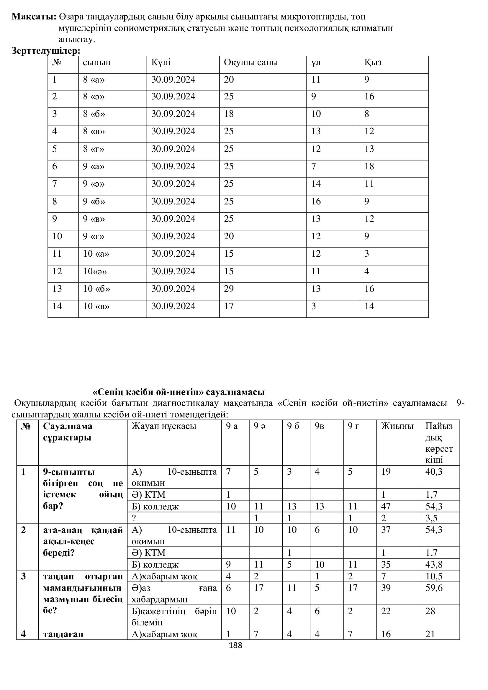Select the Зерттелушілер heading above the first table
click(x=46, y=51)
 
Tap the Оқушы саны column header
click(x=250, y=63)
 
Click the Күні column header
click(x=161, y=63)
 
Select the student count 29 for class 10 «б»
click(x=229, y=289)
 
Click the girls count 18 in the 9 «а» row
click(x=369, y=166)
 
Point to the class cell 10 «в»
click(x=96, y=306)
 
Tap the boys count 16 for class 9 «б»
click(x=316, y=201)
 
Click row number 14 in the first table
click(x=57, y=306)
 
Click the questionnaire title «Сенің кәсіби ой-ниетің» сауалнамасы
click(x=179, y=392)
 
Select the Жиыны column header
click(x=397, y=426)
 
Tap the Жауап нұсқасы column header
click(x=164, y=426)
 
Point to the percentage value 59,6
click(x=434, y=588)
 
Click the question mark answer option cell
click(x=134, y=518)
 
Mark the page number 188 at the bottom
click(x=235, y=645)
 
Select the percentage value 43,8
click(x=434, y=564)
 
